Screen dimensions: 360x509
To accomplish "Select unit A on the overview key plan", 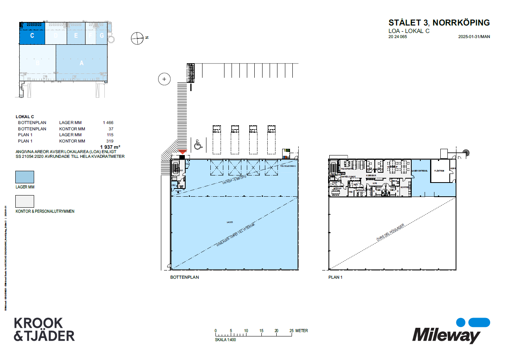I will (x=82, y=63).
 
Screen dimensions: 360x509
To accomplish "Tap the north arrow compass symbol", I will (x=137, y=38).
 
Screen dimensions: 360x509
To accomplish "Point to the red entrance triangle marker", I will (x=182, y=152).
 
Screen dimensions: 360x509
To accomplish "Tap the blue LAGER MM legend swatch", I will (x=24, y=177).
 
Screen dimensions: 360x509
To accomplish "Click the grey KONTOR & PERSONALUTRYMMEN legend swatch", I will (x=24, y=201).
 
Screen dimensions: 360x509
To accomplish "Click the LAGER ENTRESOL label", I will (x=420, y=170).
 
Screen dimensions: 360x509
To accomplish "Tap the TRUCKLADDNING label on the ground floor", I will (x=288, y=166).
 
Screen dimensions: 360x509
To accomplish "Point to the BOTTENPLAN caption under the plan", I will (x=184, y=277).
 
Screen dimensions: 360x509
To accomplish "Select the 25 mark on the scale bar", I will (x=292, y=331).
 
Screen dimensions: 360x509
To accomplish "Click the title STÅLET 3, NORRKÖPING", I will (x=439, y=23).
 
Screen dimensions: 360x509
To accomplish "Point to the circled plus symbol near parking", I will (x=164, y=79).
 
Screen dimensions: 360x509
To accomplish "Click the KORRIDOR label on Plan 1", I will (x=371, y=175).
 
